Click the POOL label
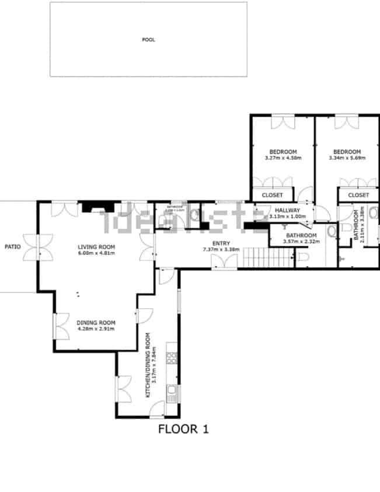[148, 40]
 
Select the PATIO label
[12, 247]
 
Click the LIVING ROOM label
[97, 246]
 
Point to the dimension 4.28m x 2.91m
[96, 329]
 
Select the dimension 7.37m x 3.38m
[221, 250]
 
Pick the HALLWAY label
[287, 211]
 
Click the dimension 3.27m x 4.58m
[283, 158]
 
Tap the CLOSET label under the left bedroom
[272, 195]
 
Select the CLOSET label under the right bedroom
[358, 195]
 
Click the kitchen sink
[172, 390]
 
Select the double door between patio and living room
[39, 247]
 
